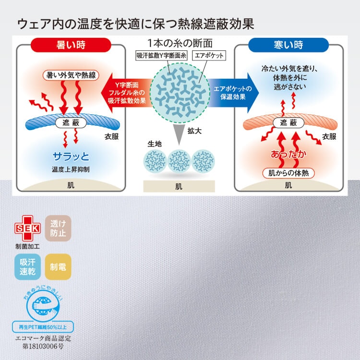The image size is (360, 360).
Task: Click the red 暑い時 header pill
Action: click(71, 45)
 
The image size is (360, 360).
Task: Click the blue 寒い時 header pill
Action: click(288, 45)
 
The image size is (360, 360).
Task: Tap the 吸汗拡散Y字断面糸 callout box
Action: click(161, 56)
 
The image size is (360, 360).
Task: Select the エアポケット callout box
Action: click(209, 56)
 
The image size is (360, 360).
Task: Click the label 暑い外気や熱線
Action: click(71, 75)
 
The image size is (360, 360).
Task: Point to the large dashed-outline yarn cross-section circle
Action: click(180, 93)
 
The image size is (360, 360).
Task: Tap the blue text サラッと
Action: click(71, 156)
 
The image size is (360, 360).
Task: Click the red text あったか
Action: click(288, 154)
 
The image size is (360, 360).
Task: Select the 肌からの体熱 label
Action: click(288, 173)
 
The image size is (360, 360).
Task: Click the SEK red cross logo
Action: click(27, 228)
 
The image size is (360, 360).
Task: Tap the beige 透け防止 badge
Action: click(58, 228)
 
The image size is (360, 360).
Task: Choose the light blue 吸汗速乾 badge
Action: click(27, 267)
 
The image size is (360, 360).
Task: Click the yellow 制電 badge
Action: click(58, 267)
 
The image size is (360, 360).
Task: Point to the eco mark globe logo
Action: click(43, 305)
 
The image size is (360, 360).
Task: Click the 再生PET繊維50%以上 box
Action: click(43, 327)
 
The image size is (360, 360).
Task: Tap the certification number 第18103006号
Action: click(43, 346)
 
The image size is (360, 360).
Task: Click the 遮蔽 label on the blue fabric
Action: click(71, 123)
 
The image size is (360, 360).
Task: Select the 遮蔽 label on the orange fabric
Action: click(288, 123)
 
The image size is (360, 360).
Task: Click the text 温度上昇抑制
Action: click(71, 169)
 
